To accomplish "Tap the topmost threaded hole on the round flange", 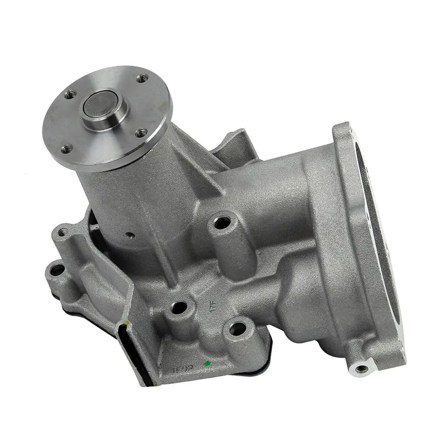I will point(142,80).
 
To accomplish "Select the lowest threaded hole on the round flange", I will point(67,148).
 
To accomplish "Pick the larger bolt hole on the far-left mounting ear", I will point(56,270).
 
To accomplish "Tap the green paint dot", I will point(206,363).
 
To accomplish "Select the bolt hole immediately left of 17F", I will point(178,307).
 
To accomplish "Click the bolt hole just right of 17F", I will point(238,329).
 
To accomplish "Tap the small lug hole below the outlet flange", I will point(362,368).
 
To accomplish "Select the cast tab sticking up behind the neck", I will point(238,144).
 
